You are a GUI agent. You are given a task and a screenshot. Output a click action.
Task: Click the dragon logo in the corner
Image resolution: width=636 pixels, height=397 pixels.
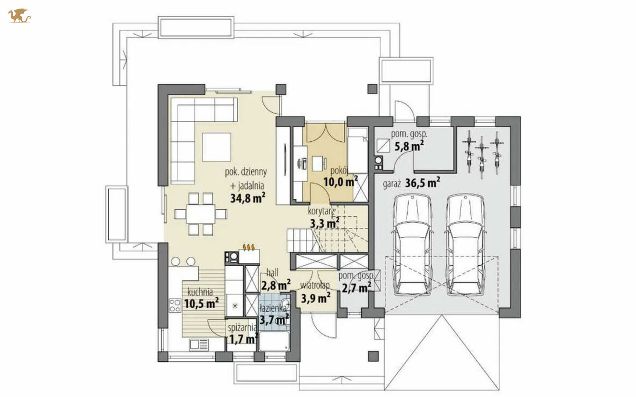[19, 16]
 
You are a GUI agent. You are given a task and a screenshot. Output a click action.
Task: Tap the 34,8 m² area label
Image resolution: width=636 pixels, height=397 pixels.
[248, 198]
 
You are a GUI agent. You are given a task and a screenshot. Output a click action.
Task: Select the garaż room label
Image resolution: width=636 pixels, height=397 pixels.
[392, 185]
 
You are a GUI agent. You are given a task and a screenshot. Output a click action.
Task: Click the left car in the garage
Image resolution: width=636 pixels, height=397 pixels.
[413, 244]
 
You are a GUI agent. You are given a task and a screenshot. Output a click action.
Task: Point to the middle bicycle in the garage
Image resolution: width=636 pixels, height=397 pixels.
[482, 157]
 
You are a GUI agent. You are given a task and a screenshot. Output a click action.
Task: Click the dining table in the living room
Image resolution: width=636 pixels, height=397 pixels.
[201, 214]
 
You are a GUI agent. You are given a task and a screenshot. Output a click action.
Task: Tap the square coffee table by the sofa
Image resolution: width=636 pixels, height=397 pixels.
[217, 147]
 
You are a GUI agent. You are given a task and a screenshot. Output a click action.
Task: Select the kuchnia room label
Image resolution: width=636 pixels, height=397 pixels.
[200, 291]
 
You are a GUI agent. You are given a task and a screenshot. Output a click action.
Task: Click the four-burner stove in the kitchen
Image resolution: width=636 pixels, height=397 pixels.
[175, 305]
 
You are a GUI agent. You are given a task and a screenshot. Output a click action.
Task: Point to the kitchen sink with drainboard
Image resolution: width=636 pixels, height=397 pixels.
[199, 345]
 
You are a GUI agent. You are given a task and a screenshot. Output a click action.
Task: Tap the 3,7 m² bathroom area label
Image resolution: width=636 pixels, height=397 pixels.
[274, 320]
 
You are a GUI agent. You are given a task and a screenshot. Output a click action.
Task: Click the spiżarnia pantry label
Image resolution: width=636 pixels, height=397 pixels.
[242, 328]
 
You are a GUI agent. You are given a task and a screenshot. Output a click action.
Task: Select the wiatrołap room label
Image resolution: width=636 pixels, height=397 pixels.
[315, 285]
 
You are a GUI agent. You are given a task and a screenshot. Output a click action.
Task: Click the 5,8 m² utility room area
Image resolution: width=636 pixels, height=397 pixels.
[410, 146]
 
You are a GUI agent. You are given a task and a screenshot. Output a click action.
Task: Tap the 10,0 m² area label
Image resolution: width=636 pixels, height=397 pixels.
[341, 181]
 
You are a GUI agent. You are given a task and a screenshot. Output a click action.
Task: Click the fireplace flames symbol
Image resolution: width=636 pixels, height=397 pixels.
[249, 247]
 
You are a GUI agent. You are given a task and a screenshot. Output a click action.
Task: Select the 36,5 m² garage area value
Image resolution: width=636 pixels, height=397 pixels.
[423, 183]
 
